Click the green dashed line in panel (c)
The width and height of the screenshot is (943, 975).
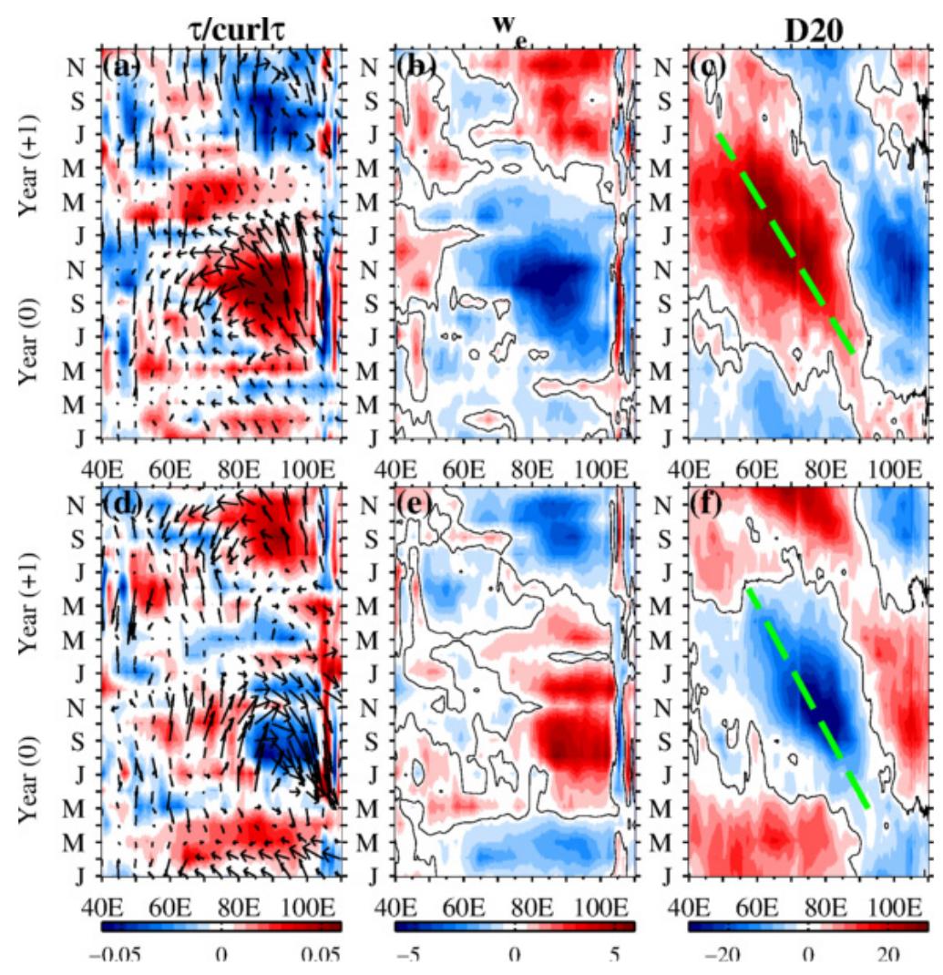[785, 244]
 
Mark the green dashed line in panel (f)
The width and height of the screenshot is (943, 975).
[806, 698]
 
